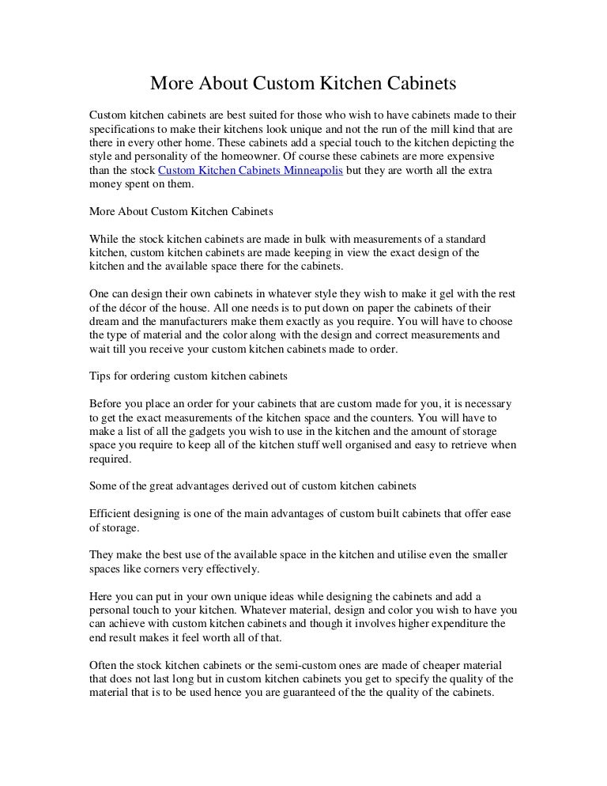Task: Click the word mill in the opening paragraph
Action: click(417, 128)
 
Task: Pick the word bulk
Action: click(312, 238)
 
